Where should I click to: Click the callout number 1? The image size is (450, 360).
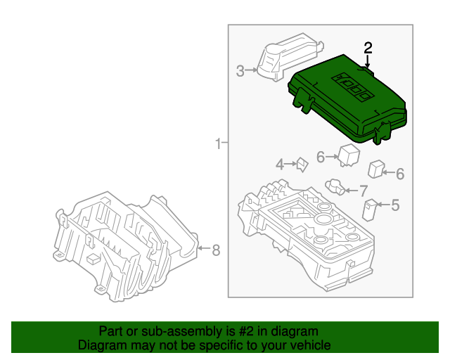[218, 144]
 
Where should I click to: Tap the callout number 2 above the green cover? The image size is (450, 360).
[368, 48]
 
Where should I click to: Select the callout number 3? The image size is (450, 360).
[240, 70]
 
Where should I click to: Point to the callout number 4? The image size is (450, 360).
[279, 165]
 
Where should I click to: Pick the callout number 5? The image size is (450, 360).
[394, 205]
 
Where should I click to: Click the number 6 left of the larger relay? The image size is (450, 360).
[320, 157]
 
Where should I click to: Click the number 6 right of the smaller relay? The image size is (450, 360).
[399, 174]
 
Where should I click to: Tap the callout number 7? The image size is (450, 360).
[363, 190]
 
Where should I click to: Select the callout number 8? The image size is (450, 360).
[216, 249]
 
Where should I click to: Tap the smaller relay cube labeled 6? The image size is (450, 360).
[377, 169]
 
